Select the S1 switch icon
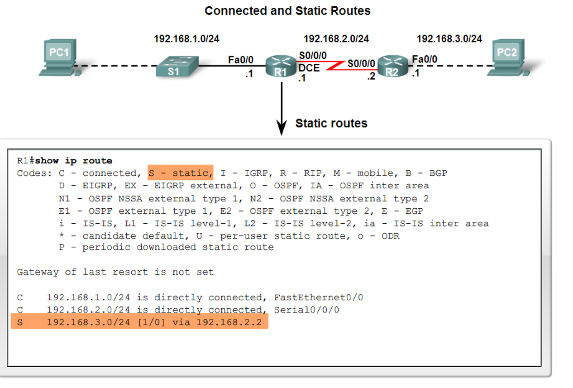point(174,67)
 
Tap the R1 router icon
point(281,66)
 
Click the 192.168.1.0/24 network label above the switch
point(186,39)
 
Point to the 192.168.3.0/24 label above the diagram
point(449,39)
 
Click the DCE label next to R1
point(309,68)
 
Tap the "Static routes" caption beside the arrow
point(331,123)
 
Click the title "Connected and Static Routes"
point(287,11)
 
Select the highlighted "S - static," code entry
point(180,173)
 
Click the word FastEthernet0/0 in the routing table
point(319,297)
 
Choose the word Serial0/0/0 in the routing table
point(306,310)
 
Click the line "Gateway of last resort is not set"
point(115,272)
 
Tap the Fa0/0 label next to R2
point(425,59)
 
